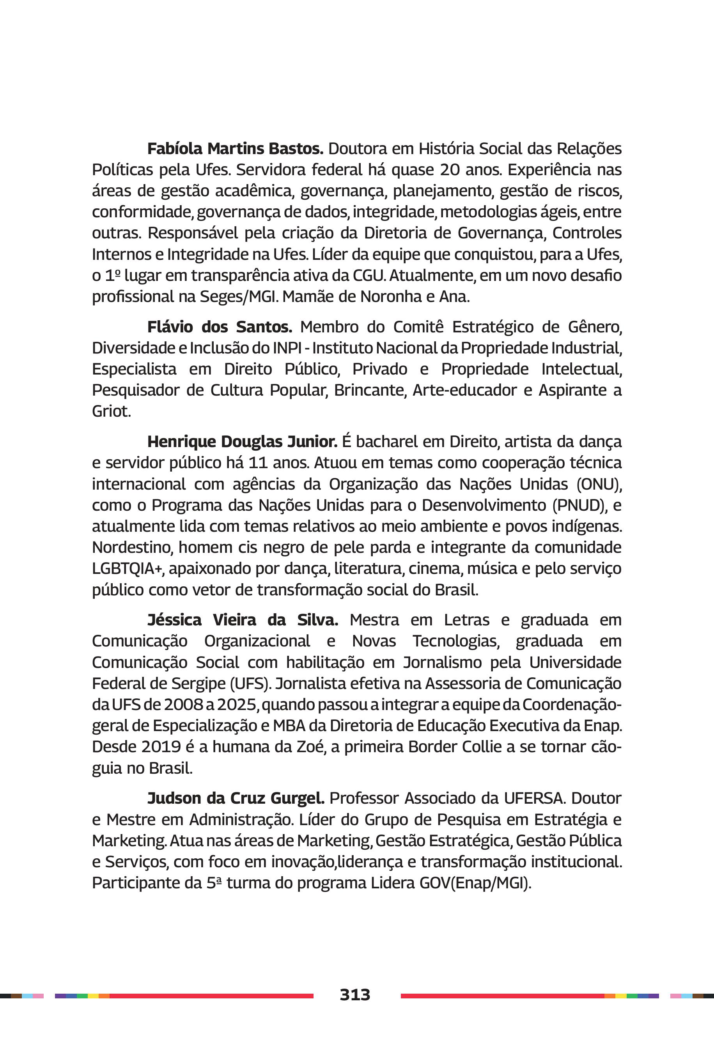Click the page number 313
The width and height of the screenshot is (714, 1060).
355,994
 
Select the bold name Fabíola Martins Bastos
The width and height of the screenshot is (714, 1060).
235,149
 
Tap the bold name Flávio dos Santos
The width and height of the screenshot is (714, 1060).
220,327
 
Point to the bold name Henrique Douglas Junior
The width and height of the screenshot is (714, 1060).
242,441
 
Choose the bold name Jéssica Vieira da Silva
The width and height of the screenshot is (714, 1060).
242,620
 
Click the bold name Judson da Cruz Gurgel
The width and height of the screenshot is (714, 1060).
236,798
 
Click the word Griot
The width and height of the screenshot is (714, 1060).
111,411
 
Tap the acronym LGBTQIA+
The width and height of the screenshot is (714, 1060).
128,568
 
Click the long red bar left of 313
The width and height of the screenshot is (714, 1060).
211,996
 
